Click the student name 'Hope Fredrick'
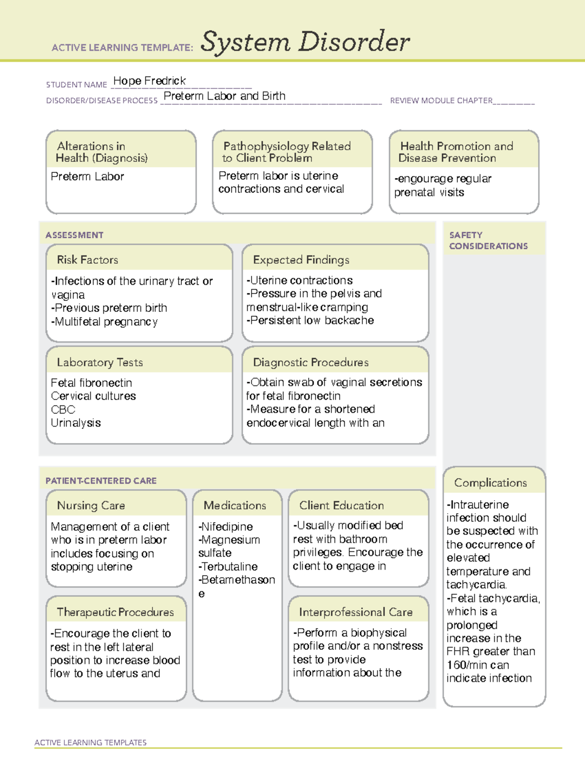coord(149,81)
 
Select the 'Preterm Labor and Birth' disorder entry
coord(224,96)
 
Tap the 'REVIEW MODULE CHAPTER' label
coord(441,100)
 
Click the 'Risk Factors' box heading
coord(87,260)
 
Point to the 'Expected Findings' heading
coord(301,260)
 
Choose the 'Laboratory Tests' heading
coord(99,362)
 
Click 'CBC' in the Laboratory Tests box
coord(63,409)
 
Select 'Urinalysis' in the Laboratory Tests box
coord(76,423)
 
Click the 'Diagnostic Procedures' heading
coord(311,362)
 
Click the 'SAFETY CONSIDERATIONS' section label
coord(488,240)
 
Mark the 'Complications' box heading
coord(490,483)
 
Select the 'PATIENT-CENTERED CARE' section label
coord(101,481)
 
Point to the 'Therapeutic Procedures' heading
coord(115,612)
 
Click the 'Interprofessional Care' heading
coord(355,612)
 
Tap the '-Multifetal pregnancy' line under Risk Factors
coord(104,322)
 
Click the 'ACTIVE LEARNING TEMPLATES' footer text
coord(90,742)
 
